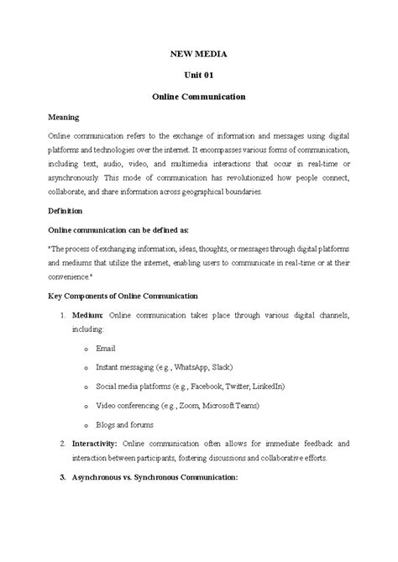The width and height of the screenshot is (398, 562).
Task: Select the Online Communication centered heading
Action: [199, 97]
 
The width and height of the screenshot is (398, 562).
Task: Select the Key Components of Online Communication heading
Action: [122, 296]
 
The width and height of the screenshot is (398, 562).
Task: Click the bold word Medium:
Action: [88, 314]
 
